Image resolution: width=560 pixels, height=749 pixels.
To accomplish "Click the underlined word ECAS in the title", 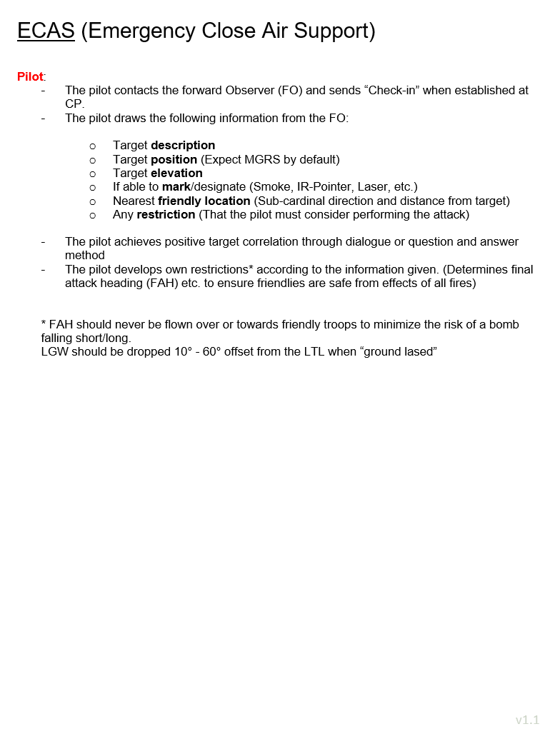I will pyautogui.click(x=46, y=31).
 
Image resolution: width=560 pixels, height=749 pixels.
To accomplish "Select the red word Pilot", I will pyautogui.click(x=30, y=76).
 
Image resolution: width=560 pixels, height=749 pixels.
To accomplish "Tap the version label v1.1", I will pyautogui.click(x=527, y=720).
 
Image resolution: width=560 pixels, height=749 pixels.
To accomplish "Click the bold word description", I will pyautogui.click(x=183, y=146).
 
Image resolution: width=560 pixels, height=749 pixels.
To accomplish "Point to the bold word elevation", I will pyautogui.click(x=176, y=174).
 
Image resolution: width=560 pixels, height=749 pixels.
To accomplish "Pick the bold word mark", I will pyautogui.click(x=176, y=187).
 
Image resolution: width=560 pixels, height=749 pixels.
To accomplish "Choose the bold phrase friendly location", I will pyautogui.click(x=204, y=201).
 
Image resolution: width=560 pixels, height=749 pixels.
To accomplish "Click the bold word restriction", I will pyautogui.click(x=166, y=215).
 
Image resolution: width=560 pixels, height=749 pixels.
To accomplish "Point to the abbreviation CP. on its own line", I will pyautogui.click(x=74, y=104).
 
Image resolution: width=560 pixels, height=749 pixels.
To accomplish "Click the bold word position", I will pyautogui.click(x=174, y=160).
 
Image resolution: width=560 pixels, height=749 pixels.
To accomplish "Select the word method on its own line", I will pyautogui.click(x=85, y=256).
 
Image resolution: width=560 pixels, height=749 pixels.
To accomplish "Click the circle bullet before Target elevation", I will pyautogui.click(x=93, y=174).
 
